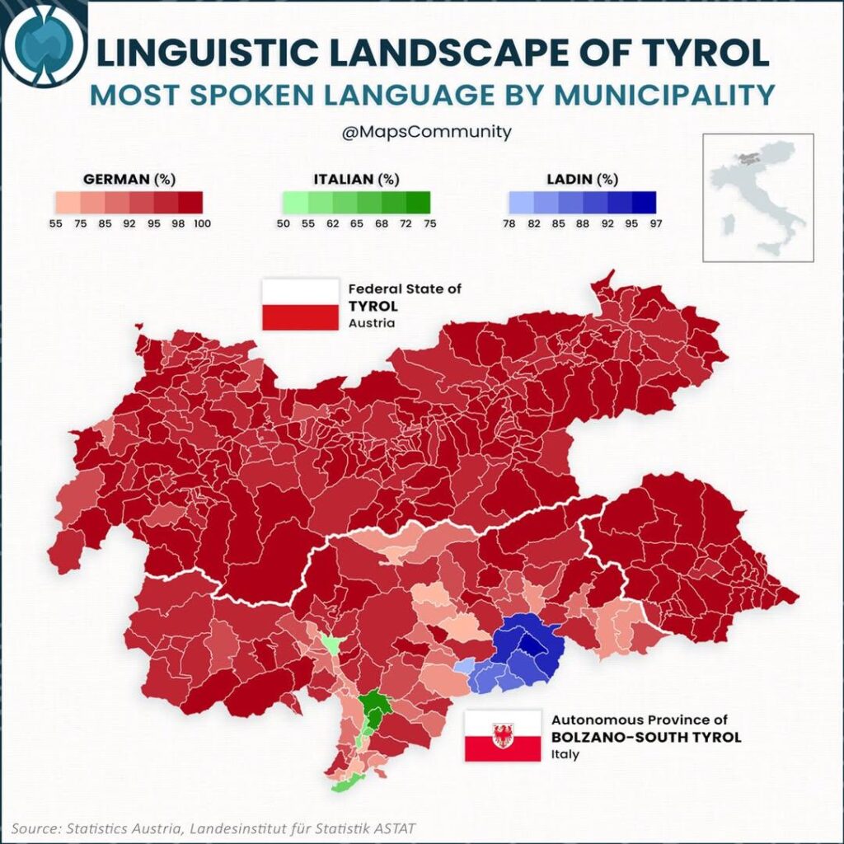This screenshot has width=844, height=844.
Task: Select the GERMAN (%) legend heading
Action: pyautogui.click(x=130, y=179)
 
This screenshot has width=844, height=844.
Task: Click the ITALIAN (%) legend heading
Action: pyautogui.click(x=356, y=179)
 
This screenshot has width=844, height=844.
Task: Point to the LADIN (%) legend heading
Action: pyautogui.click(x=582, y=179)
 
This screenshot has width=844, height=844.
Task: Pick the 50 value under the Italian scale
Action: pyautogui.click(x=282, y=223)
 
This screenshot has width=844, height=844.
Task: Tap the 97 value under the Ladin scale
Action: pyautogui.click(x=655, y=223)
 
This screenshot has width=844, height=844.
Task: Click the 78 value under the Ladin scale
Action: pyautogui.click(x=509, y=223)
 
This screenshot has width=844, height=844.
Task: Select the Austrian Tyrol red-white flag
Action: pyautogui.click(x=300, y=304)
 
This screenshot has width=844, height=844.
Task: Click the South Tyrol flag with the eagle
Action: pyautogui.click(x=501, y=735)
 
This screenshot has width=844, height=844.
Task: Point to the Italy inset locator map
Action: pyautogui.click(x=757, y=198)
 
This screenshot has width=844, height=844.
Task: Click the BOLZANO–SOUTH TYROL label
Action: pyautogui.click(x=645, y=737)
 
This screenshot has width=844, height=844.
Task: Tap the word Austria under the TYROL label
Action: pyautogui.click(x=371, y=323)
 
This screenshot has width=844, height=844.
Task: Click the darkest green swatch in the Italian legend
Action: pyautogui.click(x=419, y=203)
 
